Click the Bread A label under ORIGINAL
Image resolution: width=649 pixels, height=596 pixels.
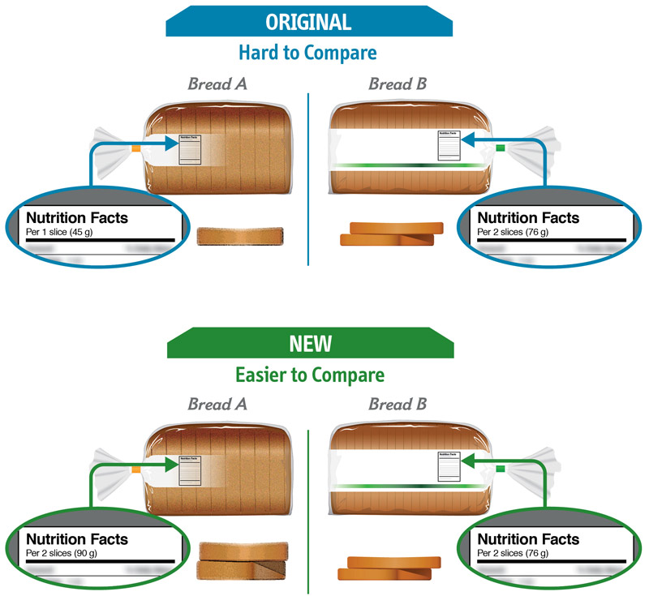point(218,84)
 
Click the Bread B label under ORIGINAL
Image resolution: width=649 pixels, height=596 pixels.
point(398,84)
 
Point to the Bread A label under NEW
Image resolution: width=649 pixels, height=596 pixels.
point(218,403)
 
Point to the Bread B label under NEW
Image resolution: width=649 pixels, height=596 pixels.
point(398,403)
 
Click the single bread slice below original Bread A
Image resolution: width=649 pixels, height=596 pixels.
point(240,237)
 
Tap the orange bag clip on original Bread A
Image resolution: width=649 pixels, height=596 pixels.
point(136,148)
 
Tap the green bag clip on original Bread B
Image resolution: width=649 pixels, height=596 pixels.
point(501,148)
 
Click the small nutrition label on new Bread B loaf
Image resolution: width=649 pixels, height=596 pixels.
point(449,466)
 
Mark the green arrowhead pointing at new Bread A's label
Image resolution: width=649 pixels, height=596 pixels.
point(172,465)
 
